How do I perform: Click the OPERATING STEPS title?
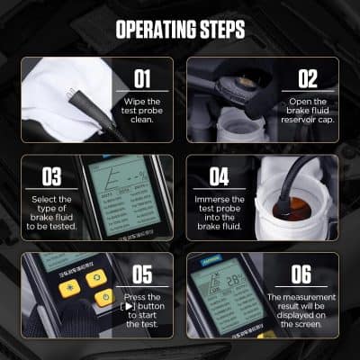180,29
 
